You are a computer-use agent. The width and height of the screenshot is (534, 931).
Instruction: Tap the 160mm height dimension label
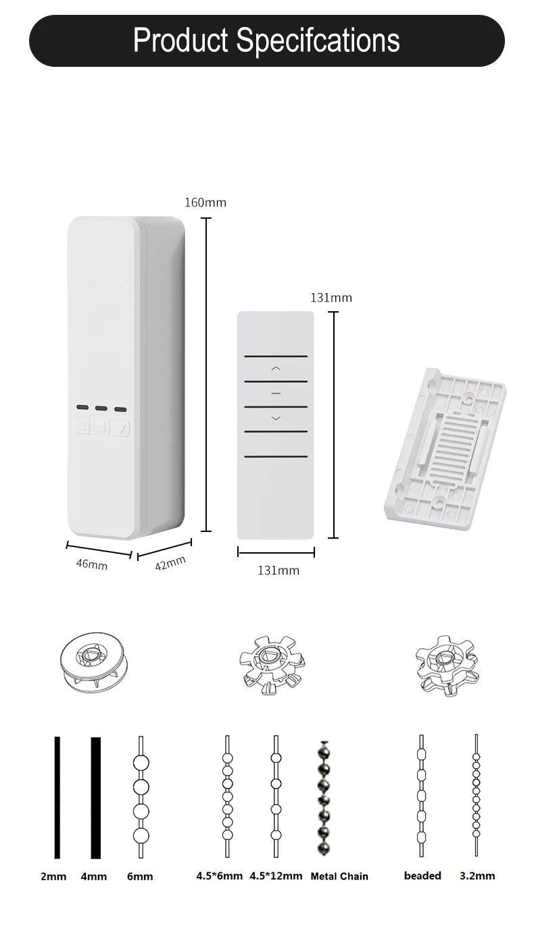(x=205, y=203)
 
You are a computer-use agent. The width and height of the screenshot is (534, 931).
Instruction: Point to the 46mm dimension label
(x=91, y=564)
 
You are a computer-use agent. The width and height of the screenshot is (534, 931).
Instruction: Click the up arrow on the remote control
(x=275, y=369)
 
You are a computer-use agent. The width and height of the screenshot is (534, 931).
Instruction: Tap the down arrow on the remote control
(x=275, y=419)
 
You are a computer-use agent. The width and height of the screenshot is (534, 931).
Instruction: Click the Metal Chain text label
(x=339, y=876)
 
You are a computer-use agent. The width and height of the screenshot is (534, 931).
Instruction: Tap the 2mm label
(x=53, y=876)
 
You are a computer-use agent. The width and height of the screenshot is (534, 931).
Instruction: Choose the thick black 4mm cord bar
(x=96, y=797)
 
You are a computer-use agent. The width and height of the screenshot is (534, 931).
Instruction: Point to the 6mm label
(x=140, y=876)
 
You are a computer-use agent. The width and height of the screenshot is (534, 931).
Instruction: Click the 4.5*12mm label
(x=276, y=876)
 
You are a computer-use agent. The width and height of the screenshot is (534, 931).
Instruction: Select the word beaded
(x=422, y=876)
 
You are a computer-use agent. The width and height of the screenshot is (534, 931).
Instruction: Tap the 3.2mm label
(x=477, y=876)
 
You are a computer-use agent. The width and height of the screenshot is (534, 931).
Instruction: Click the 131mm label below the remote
(x=278, y=570)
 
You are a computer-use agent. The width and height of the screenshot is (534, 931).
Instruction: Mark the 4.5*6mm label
(x=219, y=876)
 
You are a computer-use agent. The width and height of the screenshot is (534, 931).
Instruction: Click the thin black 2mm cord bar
(x=57, y=797)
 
